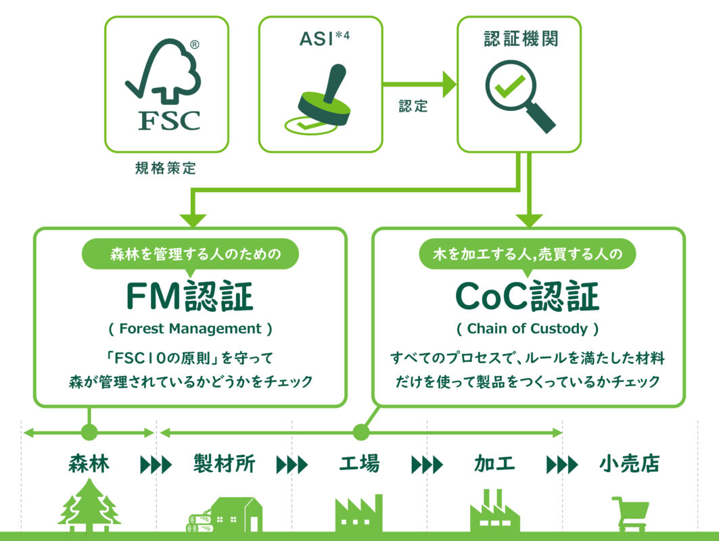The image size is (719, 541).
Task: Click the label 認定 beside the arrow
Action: (413, 107)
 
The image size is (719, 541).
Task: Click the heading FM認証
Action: (190, 296)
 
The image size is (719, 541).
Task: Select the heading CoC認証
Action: (528, 296)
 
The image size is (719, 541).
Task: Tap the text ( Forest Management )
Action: (190, 329)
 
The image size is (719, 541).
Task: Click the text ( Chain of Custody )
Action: (528, 329)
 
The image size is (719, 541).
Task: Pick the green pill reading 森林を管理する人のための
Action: (190, 255)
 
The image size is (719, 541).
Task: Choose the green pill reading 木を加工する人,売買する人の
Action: (528, 255)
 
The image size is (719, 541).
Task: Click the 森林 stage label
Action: (89, 464)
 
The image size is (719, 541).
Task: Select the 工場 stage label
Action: (359, 464)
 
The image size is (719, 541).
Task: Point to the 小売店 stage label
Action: (629, 464)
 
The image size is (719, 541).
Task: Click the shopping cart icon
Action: (629, 514)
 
